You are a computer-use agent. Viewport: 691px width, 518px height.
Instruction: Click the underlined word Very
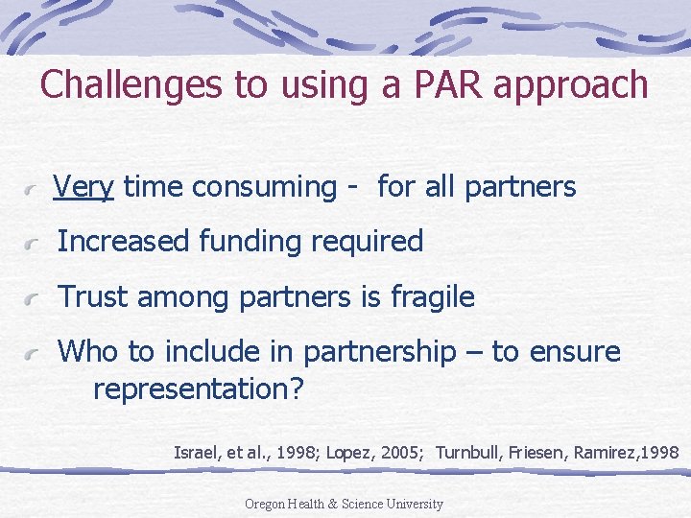coord(83,187)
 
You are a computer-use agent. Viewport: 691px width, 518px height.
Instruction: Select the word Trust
coord(94,297)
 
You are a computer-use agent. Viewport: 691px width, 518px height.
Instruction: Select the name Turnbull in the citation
coord(467,451)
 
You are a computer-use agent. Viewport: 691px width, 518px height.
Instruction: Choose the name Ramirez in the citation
coord(604,451)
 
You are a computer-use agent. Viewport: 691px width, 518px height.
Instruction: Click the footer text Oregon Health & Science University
coord(344,504)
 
